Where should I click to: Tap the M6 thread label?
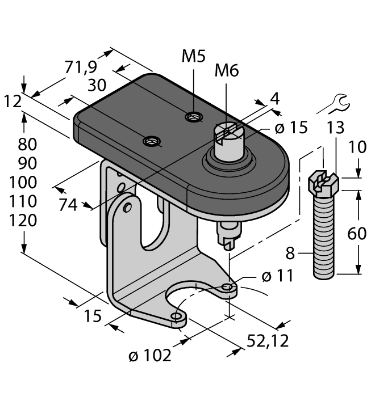pos(226,71)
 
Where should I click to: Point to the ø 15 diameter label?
pos(290,128)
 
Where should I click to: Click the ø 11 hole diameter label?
pos(277,276)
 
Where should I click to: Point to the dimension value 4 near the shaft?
pos(275,99)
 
